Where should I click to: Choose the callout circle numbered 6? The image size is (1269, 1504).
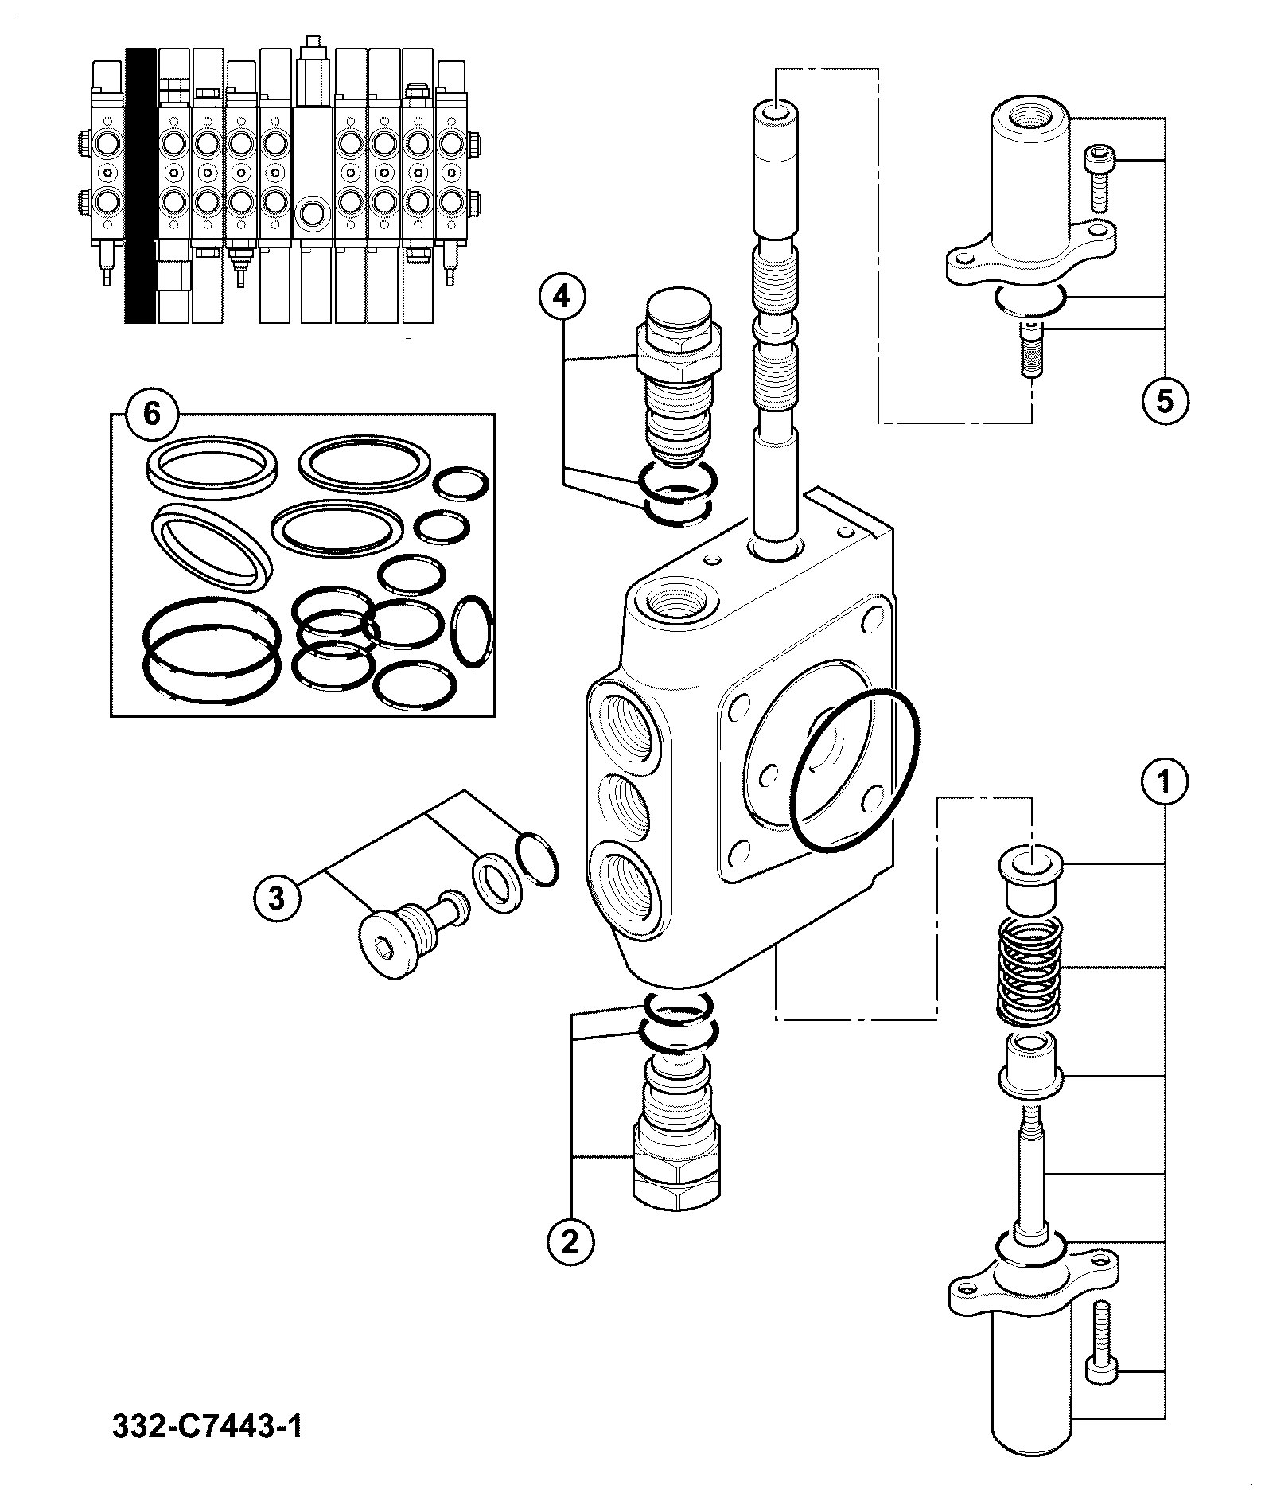tap(152, 414)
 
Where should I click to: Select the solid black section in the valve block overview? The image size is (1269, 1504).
tap(140, 185)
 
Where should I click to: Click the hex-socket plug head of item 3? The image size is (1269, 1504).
tap(387, 946)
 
